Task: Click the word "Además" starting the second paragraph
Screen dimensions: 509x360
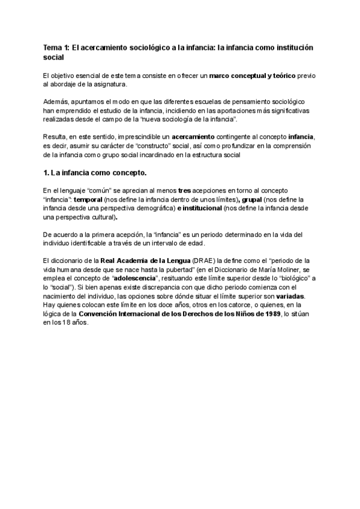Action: coord(58,102)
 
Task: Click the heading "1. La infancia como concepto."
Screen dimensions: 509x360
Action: coord(95,173)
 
